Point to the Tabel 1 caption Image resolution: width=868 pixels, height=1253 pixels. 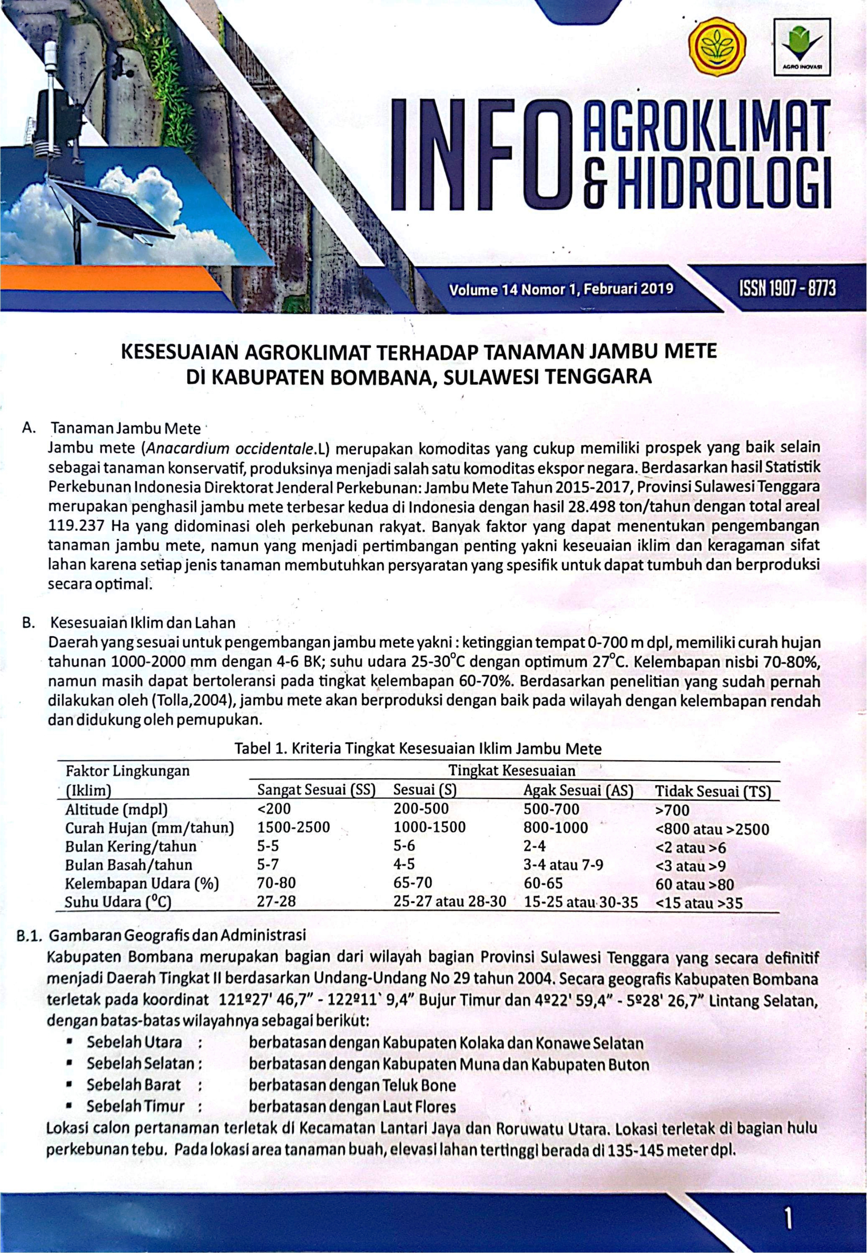(x=418, y=749)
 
